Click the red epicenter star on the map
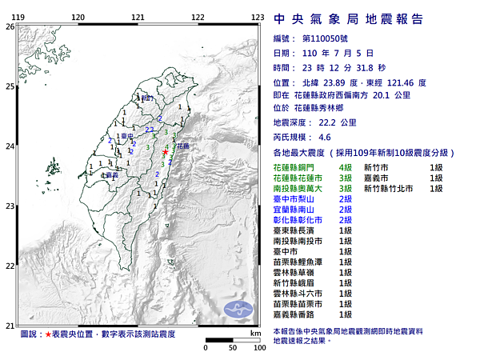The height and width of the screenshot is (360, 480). pyautogui.click(x=166, y=151)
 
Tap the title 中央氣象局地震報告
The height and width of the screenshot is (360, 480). pyautogui.click(x=349, y=19)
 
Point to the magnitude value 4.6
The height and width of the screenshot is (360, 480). pyautogui.click(x=325, y=138)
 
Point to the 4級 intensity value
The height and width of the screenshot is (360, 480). pyautogui.click(x=346, y=166)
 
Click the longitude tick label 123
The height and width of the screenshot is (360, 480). pyautogui.click(x=258, y=16)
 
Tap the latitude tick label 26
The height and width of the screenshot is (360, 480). pyautogui.click(x=10, y=26)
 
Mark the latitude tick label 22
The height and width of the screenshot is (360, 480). pyautogui.click(x=10, y=266)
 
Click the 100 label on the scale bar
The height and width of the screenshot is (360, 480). pyautogui.click(x=258, y=348)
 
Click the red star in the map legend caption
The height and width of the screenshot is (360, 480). pyautogui.click(x=49, y=333)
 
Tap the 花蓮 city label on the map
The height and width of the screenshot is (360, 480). pyautogui.click(x=183, y=147)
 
